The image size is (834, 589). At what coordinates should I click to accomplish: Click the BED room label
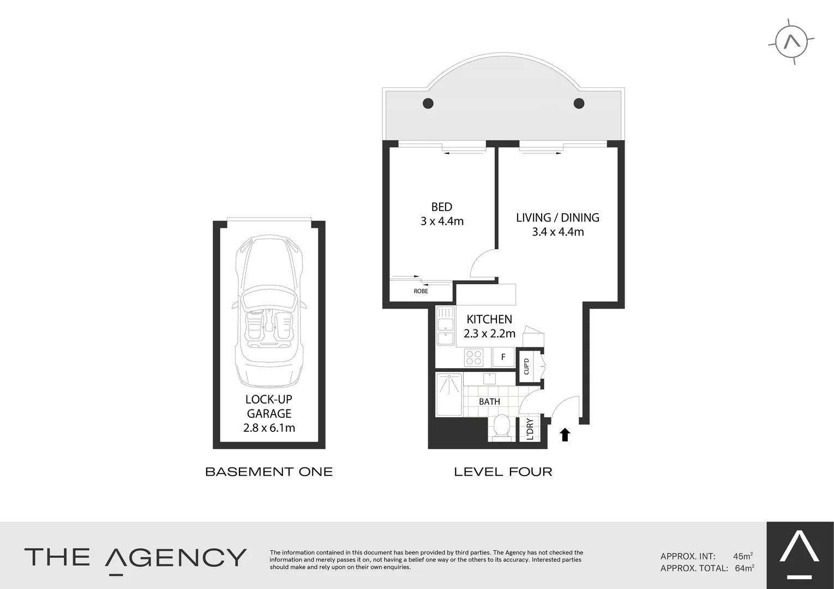point(442,207)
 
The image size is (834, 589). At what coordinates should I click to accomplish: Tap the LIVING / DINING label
point(557,218)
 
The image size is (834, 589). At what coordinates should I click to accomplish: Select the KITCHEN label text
point(489,320)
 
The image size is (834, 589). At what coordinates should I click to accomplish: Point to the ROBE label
point(421,291)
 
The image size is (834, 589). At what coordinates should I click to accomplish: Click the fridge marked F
point(503,357)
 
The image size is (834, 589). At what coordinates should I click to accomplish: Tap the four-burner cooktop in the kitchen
point(473,357)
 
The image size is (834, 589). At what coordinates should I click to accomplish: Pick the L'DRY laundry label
point(530,428)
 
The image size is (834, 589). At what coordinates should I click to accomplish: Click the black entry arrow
point(565,434)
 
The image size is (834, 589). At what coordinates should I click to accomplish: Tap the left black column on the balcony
point(428,103)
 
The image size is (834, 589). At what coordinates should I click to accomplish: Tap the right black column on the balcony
point(579,103)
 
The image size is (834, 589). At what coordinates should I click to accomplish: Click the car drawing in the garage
point(269,311)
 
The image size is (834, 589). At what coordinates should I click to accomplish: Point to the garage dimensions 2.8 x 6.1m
point(269,428)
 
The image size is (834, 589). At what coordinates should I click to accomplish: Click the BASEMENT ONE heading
point(269,472)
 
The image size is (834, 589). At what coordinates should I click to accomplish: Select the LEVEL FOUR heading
point(503,472)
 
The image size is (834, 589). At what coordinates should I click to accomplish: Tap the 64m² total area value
point(744,568)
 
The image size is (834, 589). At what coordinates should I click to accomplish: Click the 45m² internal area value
point(743,556)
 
